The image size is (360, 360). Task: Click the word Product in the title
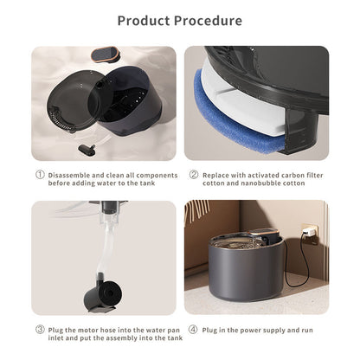144,21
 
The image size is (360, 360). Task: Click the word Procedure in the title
208,21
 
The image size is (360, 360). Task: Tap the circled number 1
40,175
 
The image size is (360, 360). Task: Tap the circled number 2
194,175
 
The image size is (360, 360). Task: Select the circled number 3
40,330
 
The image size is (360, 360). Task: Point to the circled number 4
193,330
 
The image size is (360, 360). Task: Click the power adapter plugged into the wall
308,231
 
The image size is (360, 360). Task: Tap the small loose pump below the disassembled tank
87,150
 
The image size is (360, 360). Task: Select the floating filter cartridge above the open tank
106,55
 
